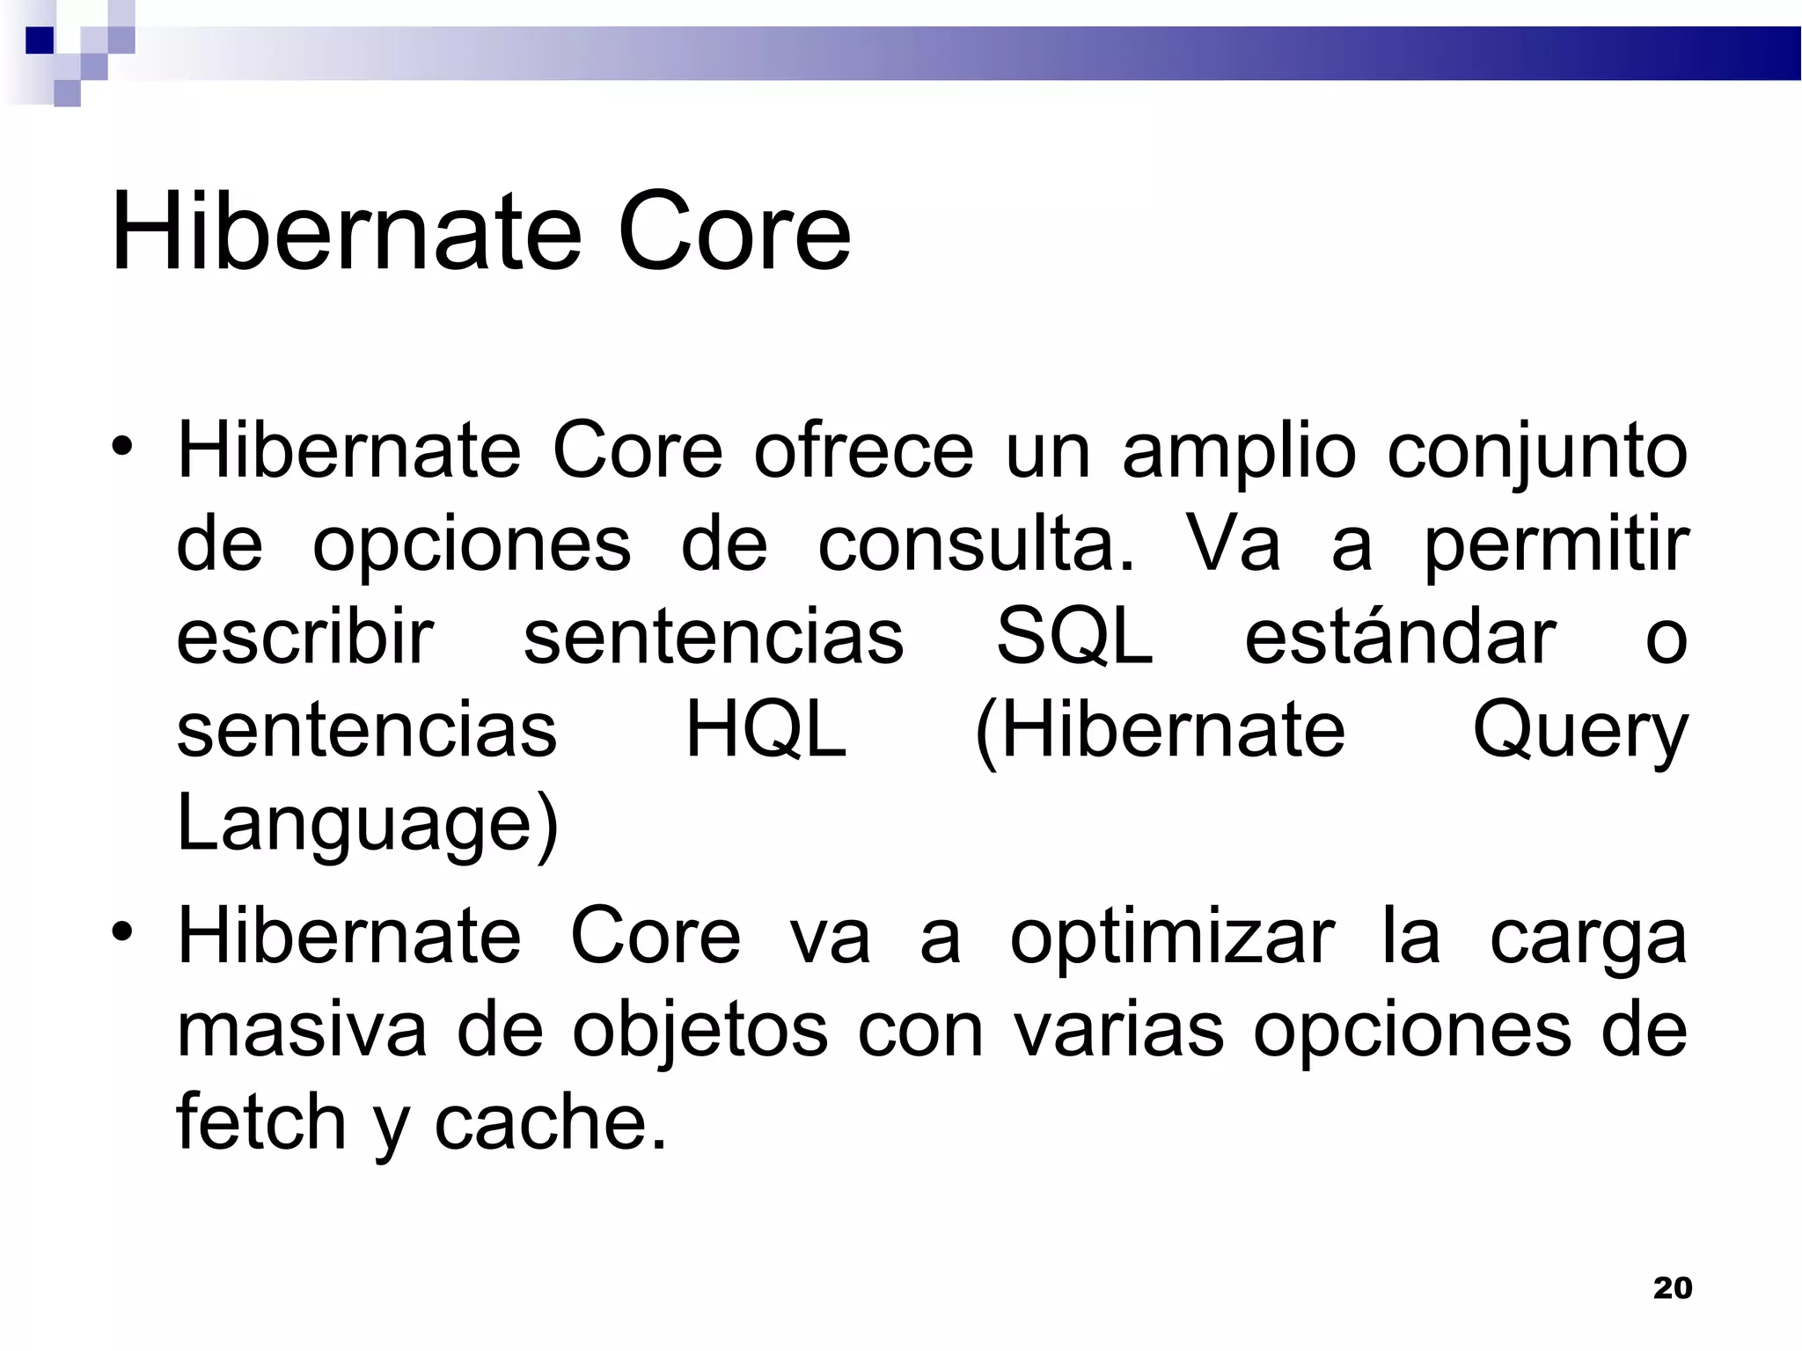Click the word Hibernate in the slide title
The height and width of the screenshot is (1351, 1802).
tap(346, 233)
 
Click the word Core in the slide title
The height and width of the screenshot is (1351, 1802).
tap(734, 233)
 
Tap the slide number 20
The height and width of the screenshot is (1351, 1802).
tap(1672, 1288)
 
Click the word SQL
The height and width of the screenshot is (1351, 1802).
tap(1074, 637)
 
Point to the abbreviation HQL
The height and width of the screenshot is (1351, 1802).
tap(765, 730)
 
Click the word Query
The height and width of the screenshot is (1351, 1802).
tap(1580, 732)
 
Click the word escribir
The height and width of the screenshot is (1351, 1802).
tap(304, 637)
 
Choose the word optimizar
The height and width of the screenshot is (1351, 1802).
tap(1172, 939)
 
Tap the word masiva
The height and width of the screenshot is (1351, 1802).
tap(302, 1031)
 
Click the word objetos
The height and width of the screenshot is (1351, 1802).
tap(700, 1031)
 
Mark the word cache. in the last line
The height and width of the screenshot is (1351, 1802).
tap(550, 1124)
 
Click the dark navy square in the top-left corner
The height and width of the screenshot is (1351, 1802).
tap(40, 40)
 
